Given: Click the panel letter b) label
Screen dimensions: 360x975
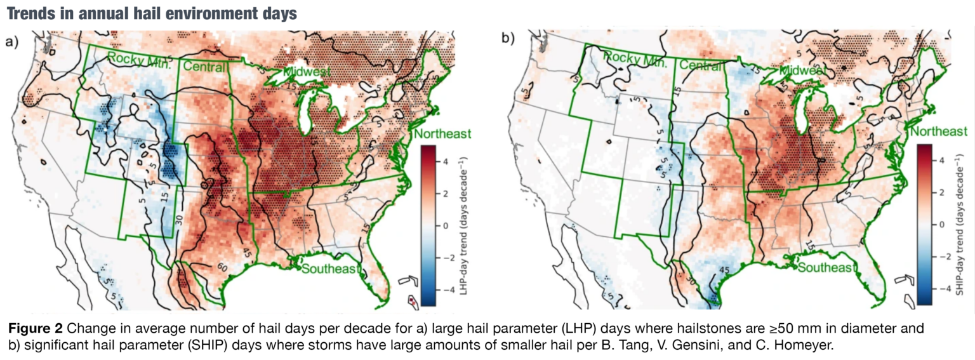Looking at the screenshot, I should coord(507,39).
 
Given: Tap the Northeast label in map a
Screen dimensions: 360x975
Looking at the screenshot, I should coord(442,133).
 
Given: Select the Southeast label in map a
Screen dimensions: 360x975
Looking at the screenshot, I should coord(329,268).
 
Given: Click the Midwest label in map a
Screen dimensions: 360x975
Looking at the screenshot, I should coord(307,72).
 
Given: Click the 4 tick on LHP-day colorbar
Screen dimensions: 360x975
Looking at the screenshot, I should coord(446,161).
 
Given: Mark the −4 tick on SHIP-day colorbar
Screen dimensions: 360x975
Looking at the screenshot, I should coord(941,289).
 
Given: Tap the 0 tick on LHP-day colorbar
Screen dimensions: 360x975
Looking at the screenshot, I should coord(446,225).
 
